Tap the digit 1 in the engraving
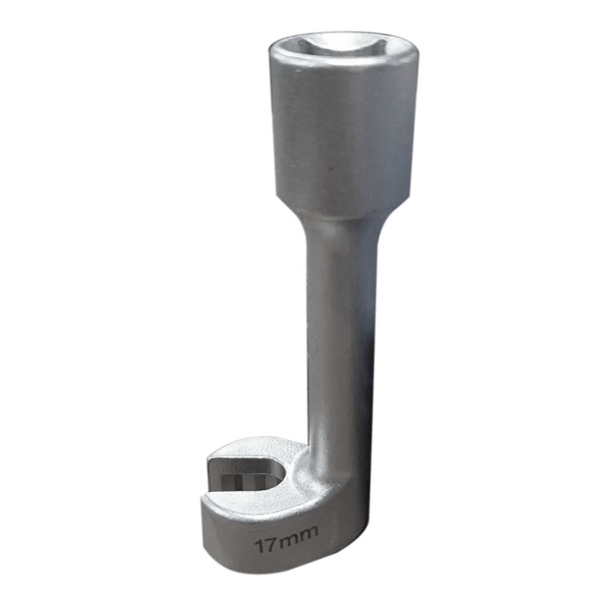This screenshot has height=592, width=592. click(x=260, y=546)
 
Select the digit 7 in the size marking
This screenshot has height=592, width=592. click(x=271, y=543)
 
